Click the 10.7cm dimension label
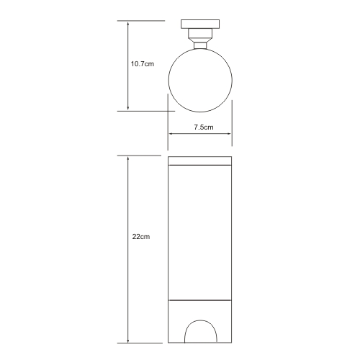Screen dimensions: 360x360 [x=143, y=64]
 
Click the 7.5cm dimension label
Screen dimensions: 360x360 [x=204, y=127]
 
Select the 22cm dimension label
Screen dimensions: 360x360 [x=141, y=237]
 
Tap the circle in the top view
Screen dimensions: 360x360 [x=168, y=81]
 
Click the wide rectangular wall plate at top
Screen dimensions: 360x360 [x=200, y=24]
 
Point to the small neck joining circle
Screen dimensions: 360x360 [x=200, y=45]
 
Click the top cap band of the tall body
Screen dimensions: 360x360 [x=200, y=161]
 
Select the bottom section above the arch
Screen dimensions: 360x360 [x=200, y=310]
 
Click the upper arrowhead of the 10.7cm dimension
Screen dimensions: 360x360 [x=128, y=24]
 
